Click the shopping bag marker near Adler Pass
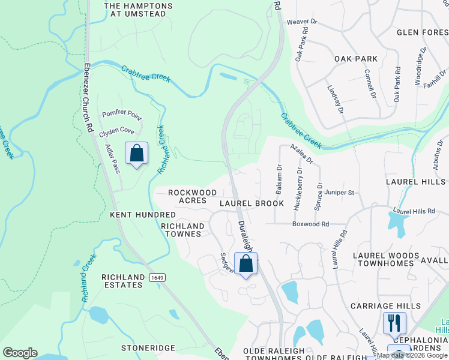[136, 153]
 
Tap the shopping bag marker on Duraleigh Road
[246, 263]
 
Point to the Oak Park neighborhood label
[356, 59]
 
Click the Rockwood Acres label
[192, 196]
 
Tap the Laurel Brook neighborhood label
[252, 203]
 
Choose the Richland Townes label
[182, 230]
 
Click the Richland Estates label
[122, 281]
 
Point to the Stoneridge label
[148, 348]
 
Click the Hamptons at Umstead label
[138, 10]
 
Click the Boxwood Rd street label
[310, 224]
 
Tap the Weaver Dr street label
[301, 22]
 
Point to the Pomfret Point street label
[122, 113]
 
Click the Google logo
[20, 353]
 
